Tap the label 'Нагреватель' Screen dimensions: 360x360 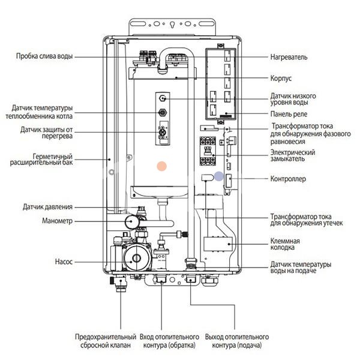tap(288, 57)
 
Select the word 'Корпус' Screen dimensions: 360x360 tap(280, 78)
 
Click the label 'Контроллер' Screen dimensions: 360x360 tap(288, 179)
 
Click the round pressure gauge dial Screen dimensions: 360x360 tap(128, 223)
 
